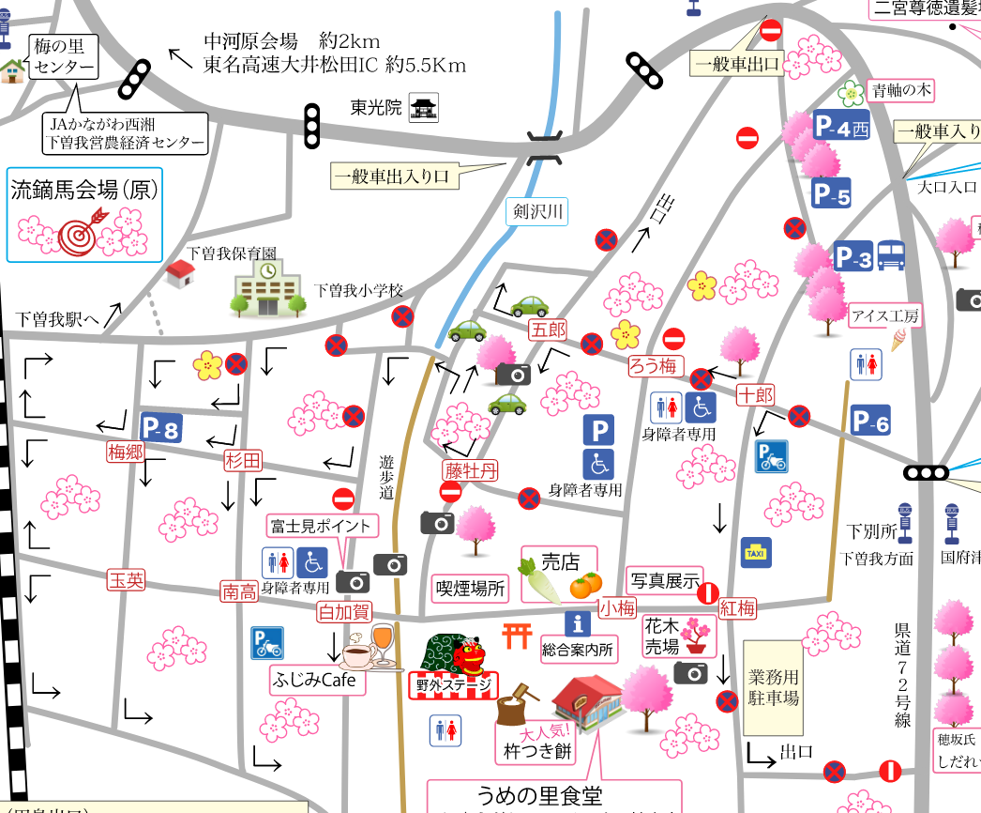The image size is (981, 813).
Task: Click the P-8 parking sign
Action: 160,428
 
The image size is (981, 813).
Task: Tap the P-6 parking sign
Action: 870,422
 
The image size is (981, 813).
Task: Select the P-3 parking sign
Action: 853,256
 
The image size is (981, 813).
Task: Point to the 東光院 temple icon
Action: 425,108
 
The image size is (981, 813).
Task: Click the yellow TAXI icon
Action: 755,553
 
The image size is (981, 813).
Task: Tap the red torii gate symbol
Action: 517,636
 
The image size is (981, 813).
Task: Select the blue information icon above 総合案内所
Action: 577,622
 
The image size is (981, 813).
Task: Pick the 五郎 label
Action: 548,330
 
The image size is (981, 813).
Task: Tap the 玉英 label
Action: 127,580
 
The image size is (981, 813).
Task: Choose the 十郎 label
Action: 755,394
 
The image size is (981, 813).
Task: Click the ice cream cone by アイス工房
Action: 898,340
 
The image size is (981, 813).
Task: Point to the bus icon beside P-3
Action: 892,255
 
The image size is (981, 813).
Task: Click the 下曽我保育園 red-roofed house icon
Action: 179,273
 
